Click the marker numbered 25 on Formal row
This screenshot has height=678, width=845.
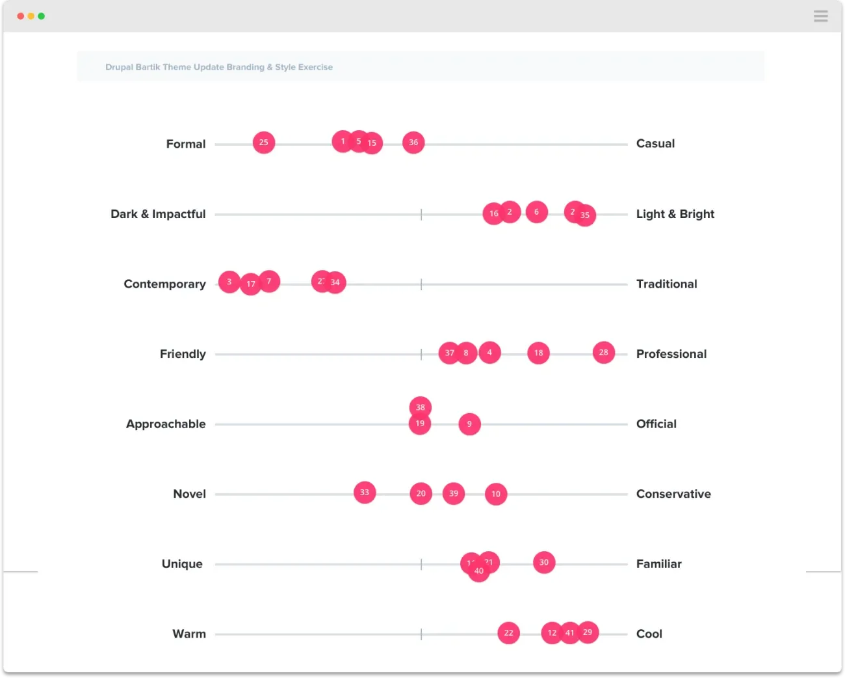pyautogui.click(x=263, y=142)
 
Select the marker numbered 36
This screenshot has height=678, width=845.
pyautogui.click(x=413, y=142)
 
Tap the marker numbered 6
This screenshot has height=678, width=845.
pyautogui.click(x=536, y=212)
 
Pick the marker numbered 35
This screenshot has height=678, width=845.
pyautogui.click(x=586, y=215)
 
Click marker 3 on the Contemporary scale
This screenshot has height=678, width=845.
pyautogui.click(x=229, y=282)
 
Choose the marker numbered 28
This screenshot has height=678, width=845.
pyautogui.click(x=604, y=353)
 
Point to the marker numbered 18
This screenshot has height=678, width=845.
pyautogui.click(x=538, y=353)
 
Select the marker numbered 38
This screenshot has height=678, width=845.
pyautogui.click(x=421, y=407)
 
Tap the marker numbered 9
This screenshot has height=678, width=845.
pyautogui.click(x=469, y=424)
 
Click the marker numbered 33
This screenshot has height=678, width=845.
pyautogui.click(x=365, y=493)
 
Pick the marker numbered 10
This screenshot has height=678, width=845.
pyautogui.click(x=496, y=494)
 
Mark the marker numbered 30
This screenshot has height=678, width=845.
pyautogui.click(x=544, y=563)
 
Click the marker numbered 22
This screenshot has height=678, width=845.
pyautogui.click(x=508, y=632)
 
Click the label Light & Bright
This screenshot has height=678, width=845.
pyautogui.click(x=675, y=214)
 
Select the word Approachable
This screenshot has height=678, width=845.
pyautogui.click(x=166, y=424)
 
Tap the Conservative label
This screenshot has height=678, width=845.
pyautogui.click(x=673, y=494)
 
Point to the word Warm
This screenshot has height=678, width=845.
pyautogui.click(x=189, y=634)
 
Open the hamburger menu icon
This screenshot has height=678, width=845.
pyautogui.click(x=820, y=16)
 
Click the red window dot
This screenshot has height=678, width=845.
pyautogui.click(x=21, y=16)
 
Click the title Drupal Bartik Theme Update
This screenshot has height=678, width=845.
pyautogui.click(x=219, y=67)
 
